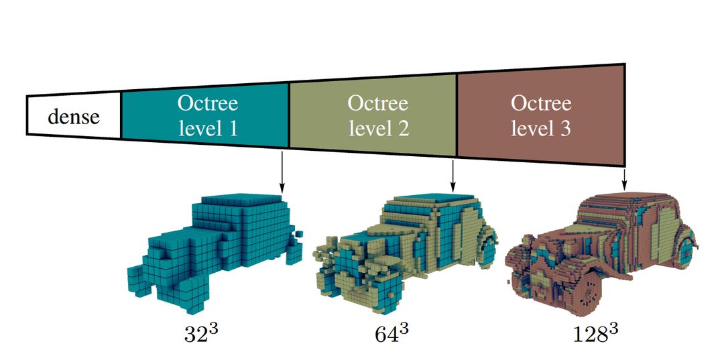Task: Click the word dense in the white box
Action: click(x=74, y=117)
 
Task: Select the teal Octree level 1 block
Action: click(x=205, y=115)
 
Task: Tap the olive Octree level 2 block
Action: click(x=373, y=115)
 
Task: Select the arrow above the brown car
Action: click(x=625, y=178)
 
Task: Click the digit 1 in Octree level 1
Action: click(x=233, y=127)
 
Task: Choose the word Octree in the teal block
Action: click(x=208, y=104)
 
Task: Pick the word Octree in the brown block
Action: click(x=541, y=104)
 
